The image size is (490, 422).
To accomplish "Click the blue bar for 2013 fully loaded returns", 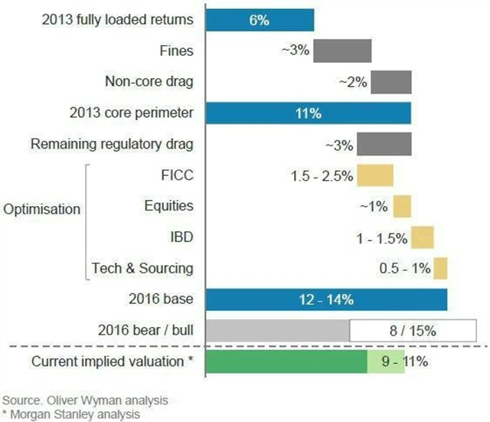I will [260, 21].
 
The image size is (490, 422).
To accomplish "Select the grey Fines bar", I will [342, 51].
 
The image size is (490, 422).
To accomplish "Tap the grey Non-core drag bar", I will [391, 82].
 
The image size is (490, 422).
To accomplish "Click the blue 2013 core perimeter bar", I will [309, 113].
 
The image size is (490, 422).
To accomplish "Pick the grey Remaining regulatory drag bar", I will [384, 144].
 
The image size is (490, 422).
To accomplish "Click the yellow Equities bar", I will [402, 206].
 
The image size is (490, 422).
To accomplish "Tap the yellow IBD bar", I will [422, 237].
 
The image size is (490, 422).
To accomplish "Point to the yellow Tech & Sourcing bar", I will [440, 268].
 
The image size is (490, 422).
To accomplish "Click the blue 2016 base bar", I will [327, 299].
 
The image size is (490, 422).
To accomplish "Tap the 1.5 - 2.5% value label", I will [322, 175].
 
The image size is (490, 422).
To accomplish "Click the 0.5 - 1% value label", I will [404, 268].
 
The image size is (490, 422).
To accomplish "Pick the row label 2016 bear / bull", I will [145, 331].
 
